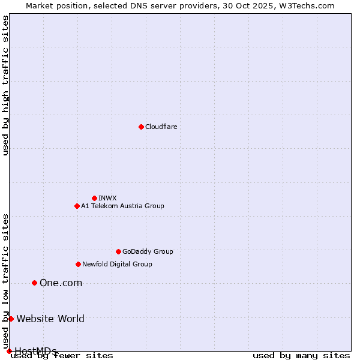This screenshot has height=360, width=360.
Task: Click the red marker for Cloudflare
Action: click(141, 127)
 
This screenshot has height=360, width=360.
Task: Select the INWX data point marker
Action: click(94, 198)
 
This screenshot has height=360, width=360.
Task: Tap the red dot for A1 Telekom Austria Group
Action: click(77, 206)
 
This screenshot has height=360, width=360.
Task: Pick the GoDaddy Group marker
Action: click(118, 251)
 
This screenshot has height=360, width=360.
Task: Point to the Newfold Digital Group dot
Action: click(78, 264)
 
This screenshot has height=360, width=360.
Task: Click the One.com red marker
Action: click(34, 283)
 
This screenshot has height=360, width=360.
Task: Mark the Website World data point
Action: click(11, 319)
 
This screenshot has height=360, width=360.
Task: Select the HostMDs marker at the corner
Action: click(8, 351)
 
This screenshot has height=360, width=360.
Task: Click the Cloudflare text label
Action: click(161, 127)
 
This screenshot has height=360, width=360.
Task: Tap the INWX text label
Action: click(107, 198)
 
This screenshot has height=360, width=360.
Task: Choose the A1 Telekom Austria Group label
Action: click(122, 206)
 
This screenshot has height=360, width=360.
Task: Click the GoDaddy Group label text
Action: click(148, 251)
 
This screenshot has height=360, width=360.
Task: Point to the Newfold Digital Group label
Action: click(117, 264)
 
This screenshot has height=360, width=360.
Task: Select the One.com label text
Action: click(61, 283)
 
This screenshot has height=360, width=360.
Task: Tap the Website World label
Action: click(50, 319)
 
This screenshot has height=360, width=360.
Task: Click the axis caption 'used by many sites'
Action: click(301, 355)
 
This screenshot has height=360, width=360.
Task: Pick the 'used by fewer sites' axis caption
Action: click(62, 355)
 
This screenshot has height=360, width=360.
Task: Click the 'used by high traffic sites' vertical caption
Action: click(5, 86)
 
